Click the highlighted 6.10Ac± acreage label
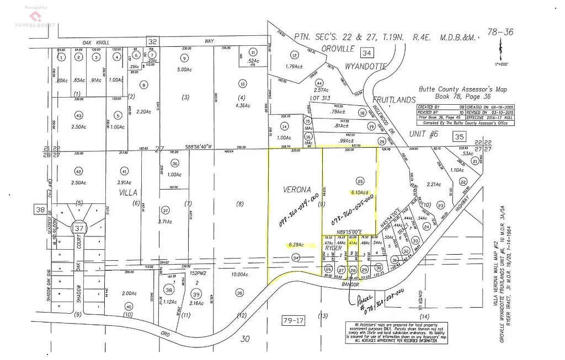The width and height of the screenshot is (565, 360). (x=360, y=193)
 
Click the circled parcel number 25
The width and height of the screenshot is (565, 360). (x=361, y=181)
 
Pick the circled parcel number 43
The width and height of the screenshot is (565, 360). (x=78, y=115)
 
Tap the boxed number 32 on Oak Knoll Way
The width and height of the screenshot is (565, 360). (x=153, y=41)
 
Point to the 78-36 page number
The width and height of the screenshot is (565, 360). (x=500, y=32)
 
